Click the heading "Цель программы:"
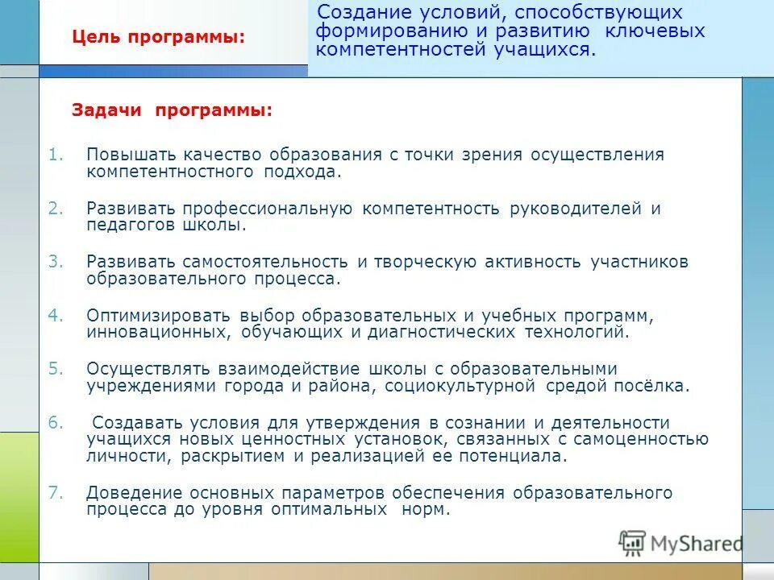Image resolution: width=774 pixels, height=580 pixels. point(158,37)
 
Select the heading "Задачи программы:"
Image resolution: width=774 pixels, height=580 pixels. point(172,110)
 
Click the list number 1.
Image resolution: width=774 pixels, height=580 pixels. point(56,154)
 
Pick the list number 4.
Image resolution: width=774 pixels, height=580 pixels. point(55,314)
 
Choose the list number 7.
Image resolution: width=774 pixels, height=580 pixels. point(55,492)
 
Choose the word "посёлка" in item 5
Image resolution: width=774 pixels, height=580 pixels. point(656,386)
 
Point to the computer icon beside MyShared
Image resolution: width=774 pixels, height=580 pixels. point(632,544)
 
